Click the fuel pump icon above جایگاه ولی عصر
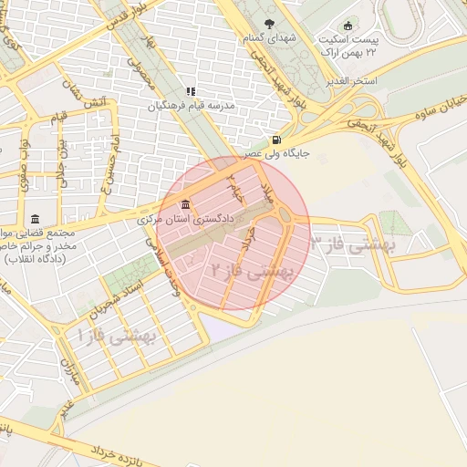(275, 140)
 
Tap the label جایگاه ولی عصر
(275, 153)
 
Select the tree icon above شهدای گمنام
(268, 24)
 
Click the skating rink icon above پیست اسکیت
(347, 26)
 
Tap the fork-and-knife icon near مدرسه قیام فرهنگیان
(191, 91)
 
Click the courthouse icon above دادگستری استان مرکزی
(186, 202)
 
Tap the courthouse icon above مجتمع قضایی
(35, 219)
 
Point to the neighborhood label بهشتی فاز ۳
(351, 244)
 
